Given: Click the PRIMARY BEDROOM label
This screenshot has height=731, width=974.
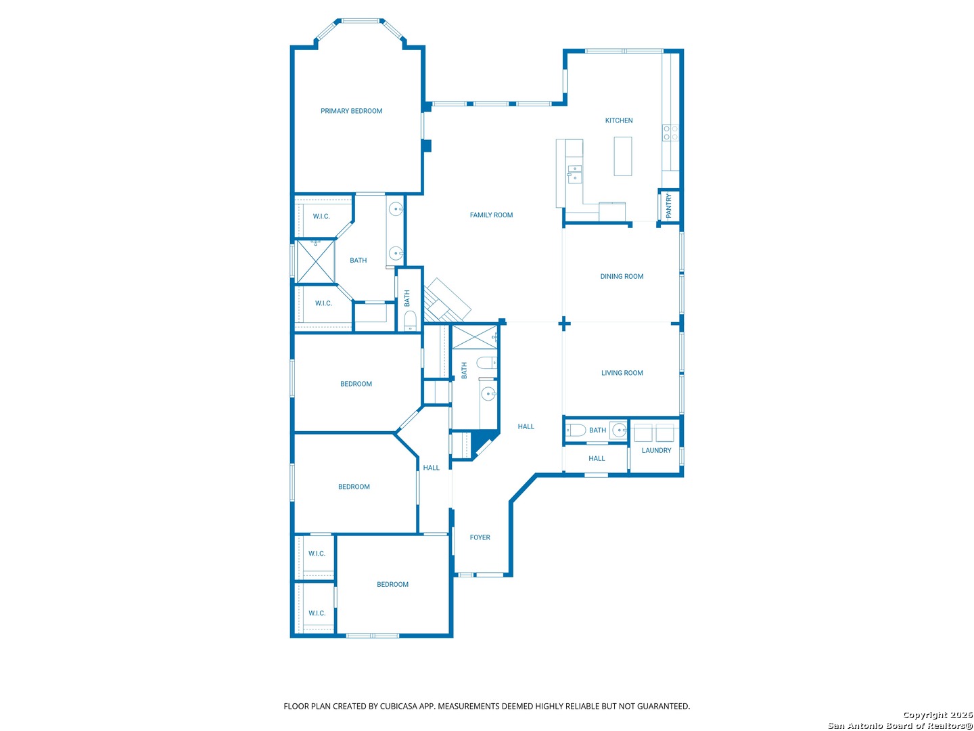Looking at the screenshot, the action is coord(351,111).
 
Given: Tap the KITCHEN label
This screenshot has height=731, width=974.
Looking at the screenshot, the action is coord(619,120).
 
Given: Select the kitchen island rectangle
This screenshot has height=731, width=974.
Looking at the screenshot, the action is coord(622,156).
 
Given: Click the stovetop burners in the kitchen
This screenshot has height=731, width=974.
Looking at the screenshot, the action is coord(670,133).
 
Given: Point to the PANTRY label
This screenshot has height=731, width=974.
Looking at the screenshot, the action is coord(668,206).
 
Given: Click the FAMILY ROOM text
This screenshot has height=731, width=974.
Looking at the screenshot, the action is coord(491,215).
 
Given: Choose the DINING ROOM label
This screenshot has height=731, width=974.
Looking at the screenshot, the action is coord(621,276).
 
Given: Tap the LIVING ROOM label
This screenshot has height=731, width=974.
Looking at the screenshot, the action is coord(622,373).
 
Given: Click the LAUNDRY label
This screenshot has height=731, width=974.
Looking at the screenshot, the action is coord(656,450).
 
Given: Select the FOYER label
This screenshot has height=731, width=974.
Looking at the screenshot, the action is coord(480,537).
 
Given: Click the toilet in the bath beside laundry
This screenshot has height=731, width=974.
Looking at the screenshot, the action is coord(576,430).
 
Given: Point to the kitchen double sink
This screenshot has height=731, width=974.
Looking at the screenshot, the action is coord(574,173).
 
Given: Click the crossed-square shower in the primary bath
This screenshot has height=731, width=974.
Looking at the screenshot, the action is coord(315,261).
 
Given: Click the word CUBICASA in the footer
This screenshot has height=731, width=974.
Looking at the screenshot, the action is coord(398,706).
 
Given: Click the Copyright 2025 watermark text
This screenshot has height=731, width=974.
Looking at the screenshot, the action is coord(937,715).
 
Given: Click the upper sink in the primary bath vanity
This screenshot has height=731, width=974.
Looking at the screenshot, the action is coord(396,208).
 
